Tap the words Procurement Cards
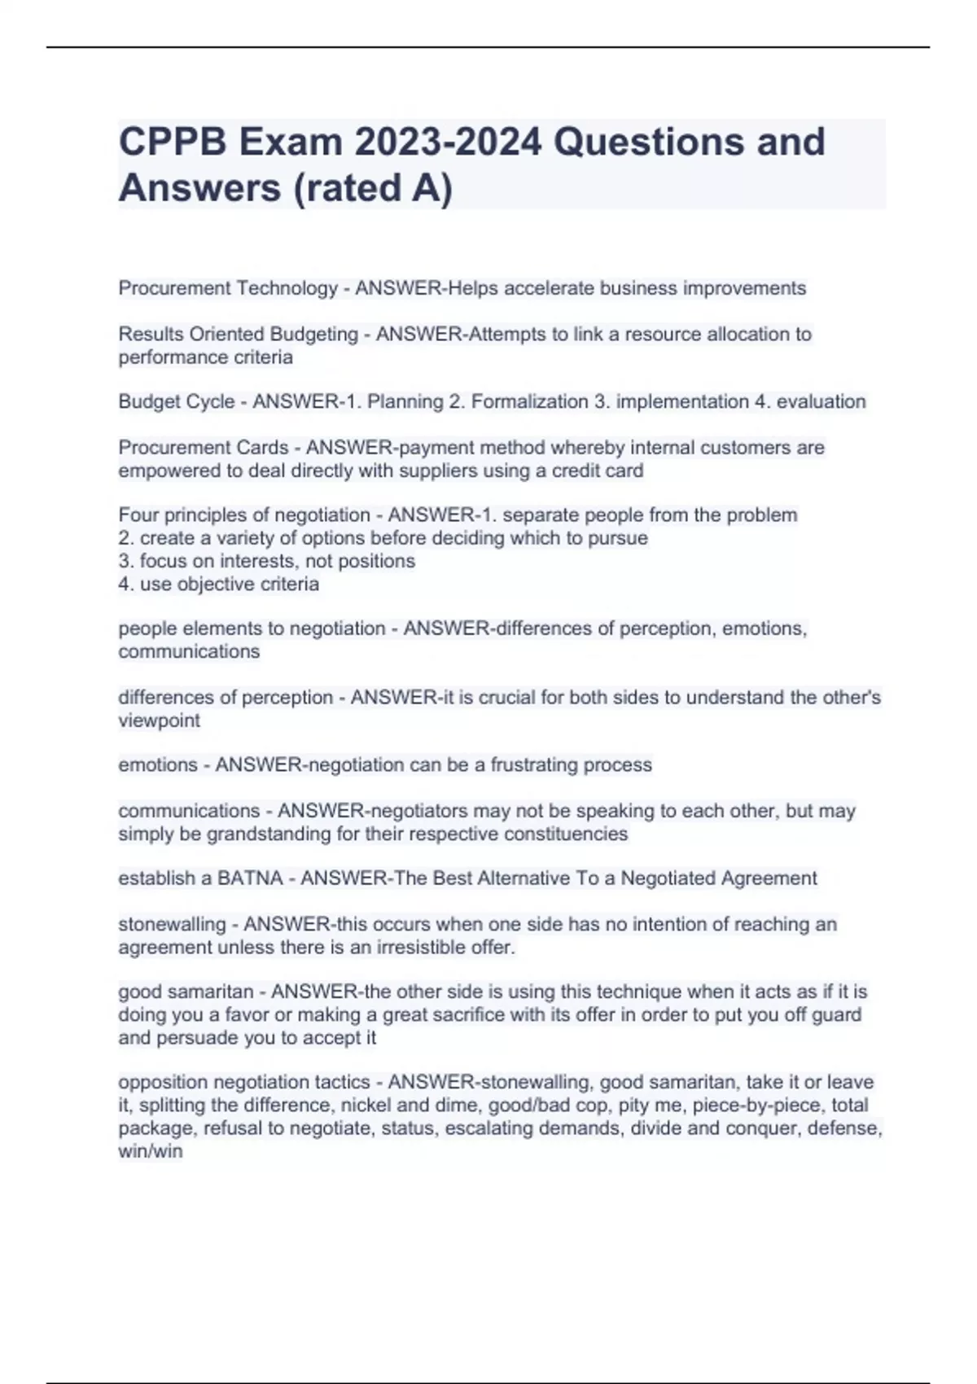click(204, 448)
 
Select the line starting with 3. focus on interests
click(266, 561)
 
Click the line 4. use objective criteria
click(218, 584)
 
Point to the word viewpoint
click(159, 720)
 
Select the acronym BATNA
click(250, 878)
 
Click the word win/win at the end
click(151, 1151)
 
